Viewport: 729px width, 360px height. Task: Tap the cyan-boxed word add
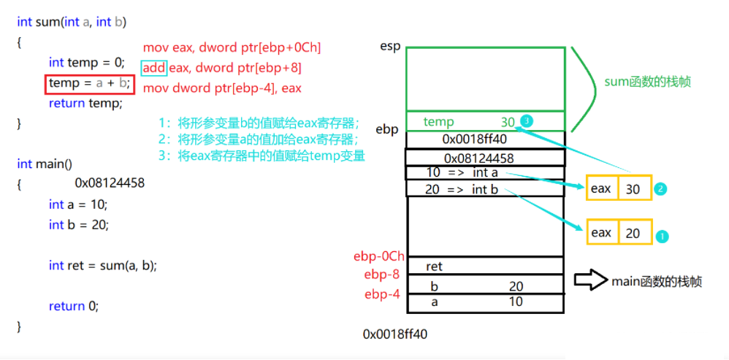pos(154,68)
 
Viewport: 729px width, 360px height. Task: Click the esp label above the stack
pos(389,46)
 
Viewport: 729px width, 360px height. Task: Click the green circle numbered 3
pos(527,120)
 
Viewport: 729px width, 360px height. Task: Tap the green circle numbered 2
pos(660,188)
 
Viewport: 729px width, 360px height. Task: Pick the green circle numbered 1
pos(662,237)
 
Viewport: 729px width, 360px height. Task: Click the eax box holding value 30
pos(619,188)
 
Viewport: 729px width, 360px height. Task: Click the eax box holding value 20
pos(619,233)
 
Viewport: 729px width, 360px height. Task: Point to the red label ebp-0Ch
pos(378,256)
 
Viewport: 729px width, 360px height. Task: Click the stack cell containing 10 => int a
pos(484,172)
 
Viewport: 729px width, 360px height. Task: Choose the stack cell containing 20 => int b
pos(484,189)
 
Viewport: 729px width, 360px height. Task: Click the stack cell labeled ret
pos(484,267)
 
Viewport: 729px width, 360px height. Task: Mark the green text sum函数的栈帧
pos(647,82)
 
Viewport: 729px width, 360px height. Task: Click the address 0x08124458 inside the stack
pos(484,158)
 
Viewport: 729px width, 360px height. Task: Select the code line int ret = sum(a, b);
pos(103,265)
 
